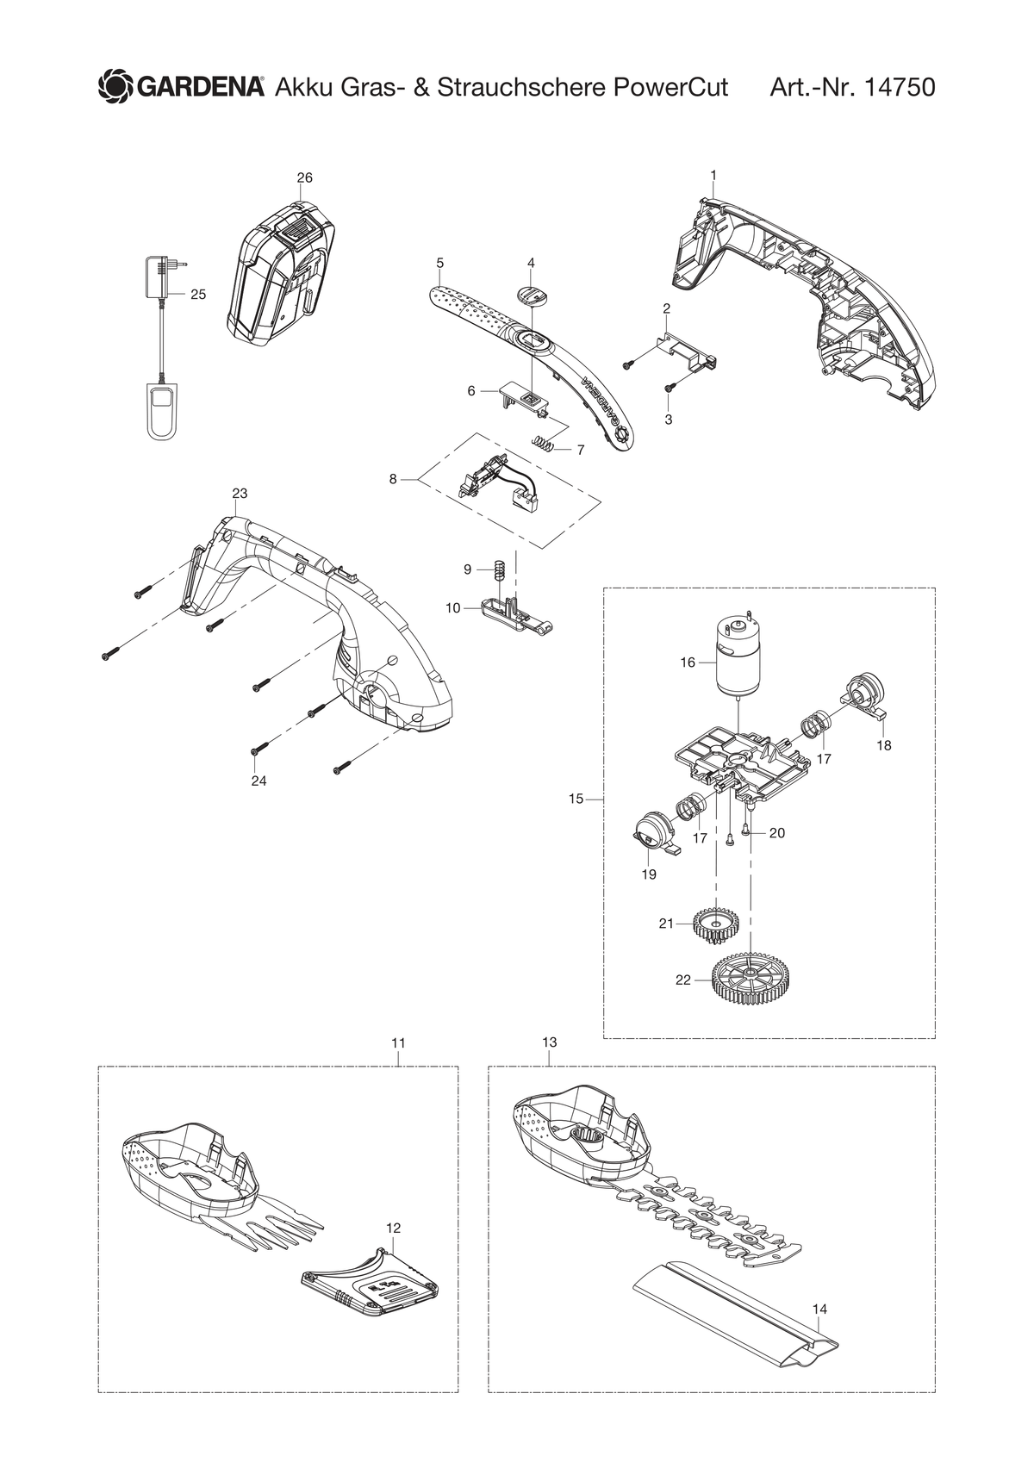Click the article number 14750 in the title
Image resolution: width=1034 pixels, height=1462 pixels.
pos(899,87)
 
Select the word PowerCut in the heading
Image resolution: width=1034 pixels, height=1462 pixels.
pos(670,87)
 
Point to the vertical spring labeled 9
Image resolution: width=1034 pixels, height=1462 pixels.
pos(500,569)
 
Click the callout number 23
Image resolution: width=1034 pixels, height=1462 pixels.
pos(240,494)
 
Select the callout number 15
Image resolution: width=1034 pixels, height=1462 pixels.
pos(576,799)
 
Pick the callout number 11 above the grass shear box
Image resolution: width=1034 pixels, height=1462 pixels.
pos(398,1043)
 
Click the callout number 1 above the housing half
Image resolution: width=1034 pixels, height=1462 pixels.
pos(713,175)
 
